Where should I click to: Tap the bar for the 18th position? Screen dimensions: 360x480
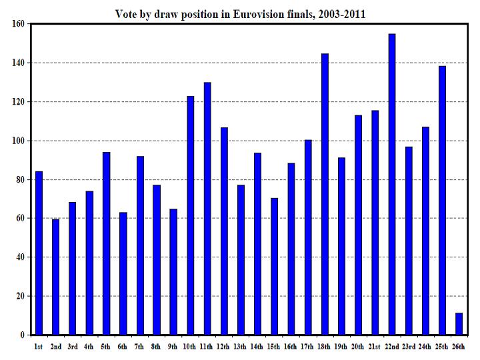click(x=325, y=194)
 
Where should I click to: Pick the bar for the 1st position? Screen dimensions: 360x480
click(x=39, y=253)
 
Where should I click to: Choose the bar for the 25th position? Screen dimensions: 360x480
click(x=442, y=200)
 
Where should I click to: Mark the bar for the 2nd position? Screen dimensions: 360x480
click(x=55, y=277)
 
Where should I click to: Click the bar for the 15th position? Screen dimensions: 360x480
click(x=274, y=266)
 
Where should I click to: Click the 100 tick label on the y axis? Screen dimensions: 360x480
click(x=18, y=141)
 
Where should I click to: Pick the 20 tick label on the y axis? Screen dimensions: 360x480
click(x=20, y=296)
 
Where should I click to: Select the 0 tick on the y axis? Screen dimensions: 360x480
click(x=23, y=335)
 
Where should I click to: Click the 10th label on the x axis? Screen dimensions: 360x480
click(x=190, y=347)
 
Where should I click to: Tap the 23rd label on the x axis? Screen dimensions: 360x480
click(x=409, y=347)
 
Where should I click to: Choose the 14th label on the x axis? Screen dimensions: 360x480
click(x=257, y=347)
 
